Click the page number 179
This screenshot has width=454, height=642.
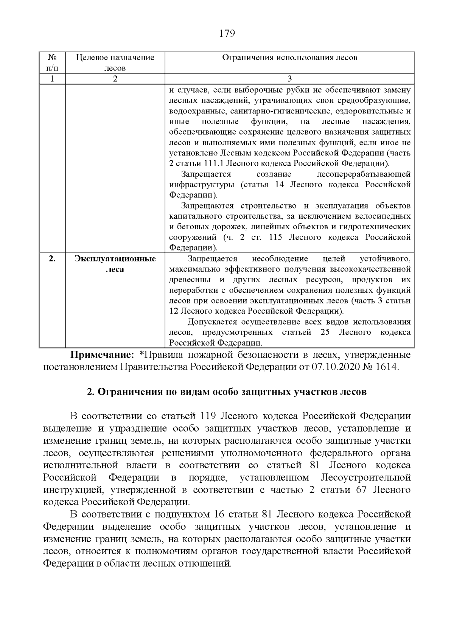(x=227, y=34)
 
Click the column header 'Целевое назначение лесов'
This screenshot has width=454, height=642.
(x=115, y=63)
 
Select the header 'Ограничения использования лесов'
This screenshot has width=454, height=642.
(x=289, y=58)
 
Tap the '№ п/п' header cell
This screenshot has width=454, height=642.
(x=53, y=63)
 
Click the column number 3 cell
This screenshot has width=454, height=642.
(x=289, y=79)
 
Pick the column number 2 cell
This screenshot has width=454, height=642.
(x=115, y=79)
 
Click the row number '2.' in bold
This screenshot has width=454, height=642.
(x=53, y=259)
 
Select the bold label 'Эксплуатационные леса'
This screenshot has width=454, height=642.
(x=115, y=264)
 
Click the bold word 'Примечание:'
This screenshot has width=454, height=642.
(x=101, y=355)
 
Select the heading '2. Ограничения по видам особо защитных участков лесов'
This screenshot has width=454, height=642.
(x=227, y=392)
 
